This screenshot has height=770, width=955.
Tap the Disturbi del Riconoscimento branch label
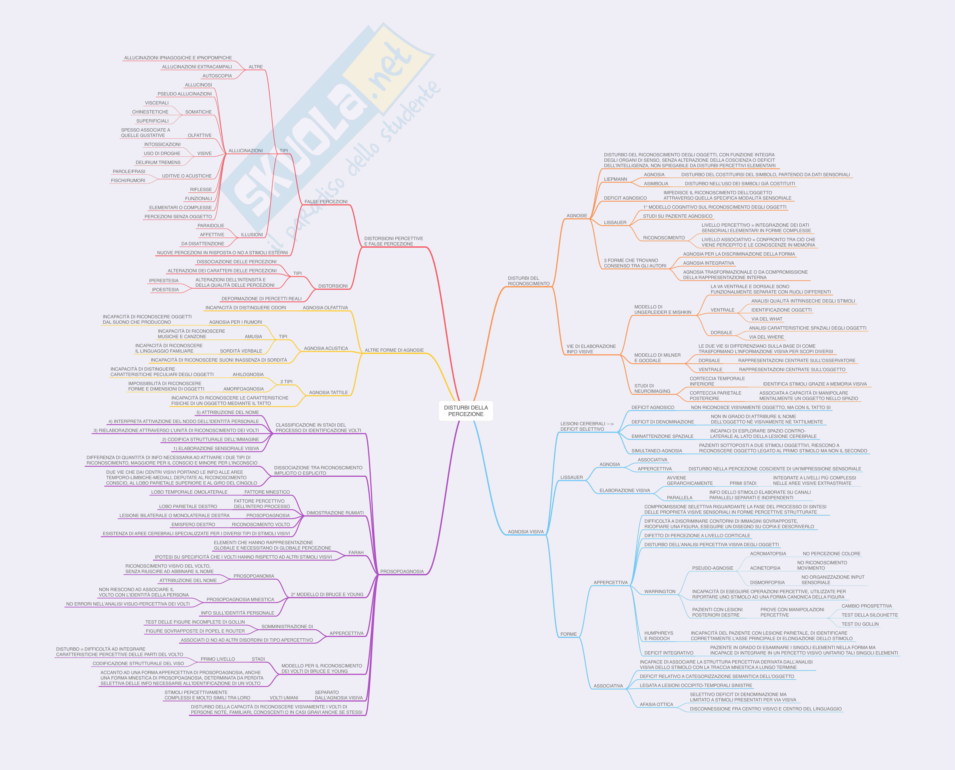[x=528, y=281]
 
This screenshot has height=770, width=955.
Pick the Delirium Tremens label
[x=158, y=162]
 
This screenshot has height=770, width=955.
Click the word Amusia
[x=253, y=337]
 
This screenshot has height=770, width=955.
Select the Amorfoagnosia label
[x=243, y=389]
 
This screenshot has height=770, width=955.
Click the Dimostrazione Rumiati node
[x=335, y=513]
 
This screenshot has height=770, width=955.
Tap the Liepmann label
[x=615, y=179]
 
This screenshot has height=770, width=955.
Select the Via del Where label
[x=766, y=337]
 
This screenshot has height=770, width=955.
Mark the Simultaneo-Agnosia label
[x=657, y=451]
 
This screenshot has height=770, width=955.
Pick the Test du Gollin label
[x=860, y=624]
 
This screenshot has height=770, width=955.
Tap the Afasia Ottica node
[x=656, y=704]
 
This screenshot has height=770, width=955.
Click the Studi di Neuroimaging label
[x=652, y=389]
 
